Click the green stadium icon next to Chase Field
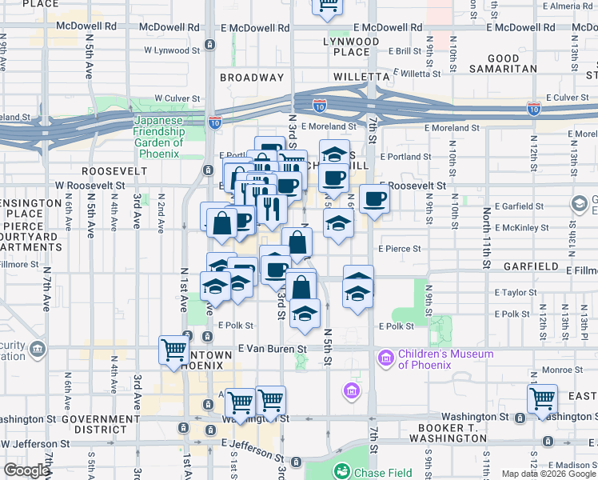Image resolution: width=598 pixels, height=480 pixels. [x=342, y=472]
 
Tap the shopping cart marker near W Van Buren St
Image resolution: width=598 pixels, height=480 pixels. [x=173, y=350]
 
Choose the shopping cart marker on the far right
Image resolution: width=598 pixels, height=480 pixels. [x=543, y=398]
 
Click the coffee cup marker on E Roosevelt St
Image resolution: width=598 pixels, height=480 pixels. [x=373, y=199]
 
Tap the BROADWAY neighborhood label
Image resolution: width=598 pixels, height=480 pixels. [x=252, y=78]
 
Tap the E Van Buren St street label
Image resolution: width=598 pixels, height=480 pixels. [x=273, y=349]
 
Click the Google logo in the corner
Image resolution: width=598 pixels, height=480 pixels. [x=26, y=470]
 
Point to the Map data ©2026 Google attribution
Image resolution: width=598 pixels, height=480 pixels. [x=548, y=474]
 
